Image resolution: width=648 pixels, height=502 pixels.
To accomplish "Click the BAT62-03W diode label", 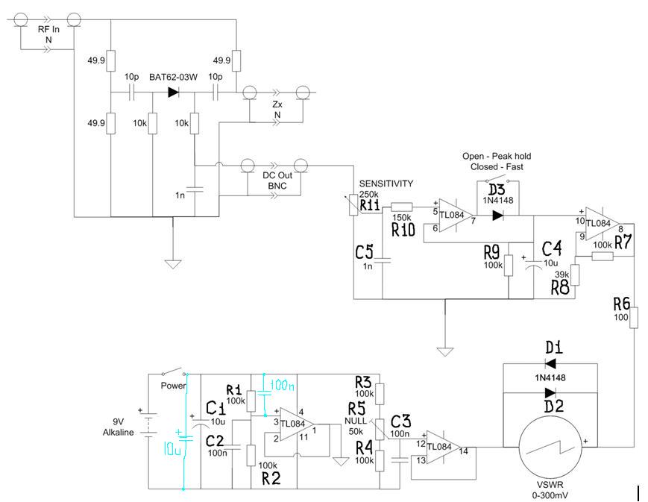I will pyautogui.click(x=172, y=77).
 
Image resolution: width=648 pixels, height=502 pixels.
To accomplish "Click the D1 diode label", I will pyautogui.click(x=553, y=348).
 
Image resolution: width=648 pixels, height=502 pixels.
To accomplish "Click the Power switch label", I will pyautogui.click(x=173, y=386).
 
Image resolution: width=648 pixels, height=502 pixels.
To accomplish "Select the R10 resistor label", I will pyautogui.click(x=403, y=229).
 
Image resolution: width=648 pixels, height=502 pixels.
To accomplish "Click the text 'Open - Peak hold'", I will pyautogui.click(x=496, y=157).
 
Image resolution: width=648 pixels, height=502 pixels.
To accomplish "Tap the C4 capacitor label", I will pyautogui.click(x=552, y=248).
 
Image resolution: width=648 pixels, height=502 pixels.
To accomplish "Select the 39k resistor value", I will pyautogui.click(x=562, y=274).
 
